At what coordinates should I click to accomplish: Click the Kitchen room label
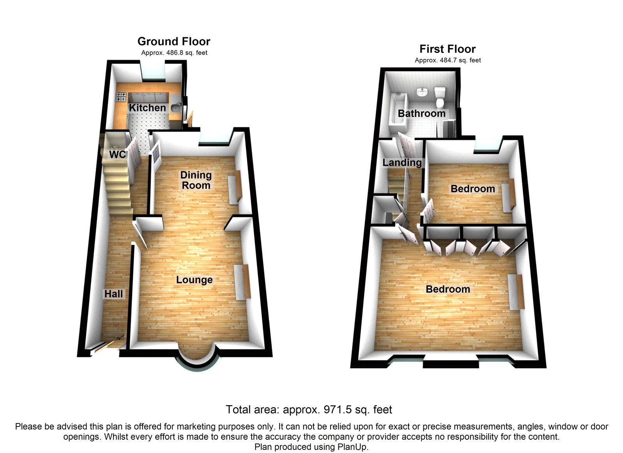(147, 108)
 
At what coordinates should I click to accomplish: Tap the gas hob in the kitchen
(121, 97)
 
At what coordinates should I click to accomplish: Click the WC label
(117, 154)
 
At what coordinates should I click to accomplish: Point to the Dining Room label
(196, 180)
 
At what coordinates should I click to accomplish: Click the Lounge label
(194, 280)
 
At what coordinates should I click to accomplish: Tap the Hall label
(113, 294)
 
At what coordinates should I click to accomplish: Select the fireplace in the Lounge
(242, 282)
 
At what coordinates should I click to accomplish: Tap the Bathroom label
(421, 113)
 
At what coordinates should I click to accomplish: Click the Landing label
(402, 162)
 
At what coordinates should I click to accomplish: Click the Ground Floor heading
(174, 41)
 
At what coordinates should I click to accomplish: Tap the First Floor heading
(447, 49)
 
